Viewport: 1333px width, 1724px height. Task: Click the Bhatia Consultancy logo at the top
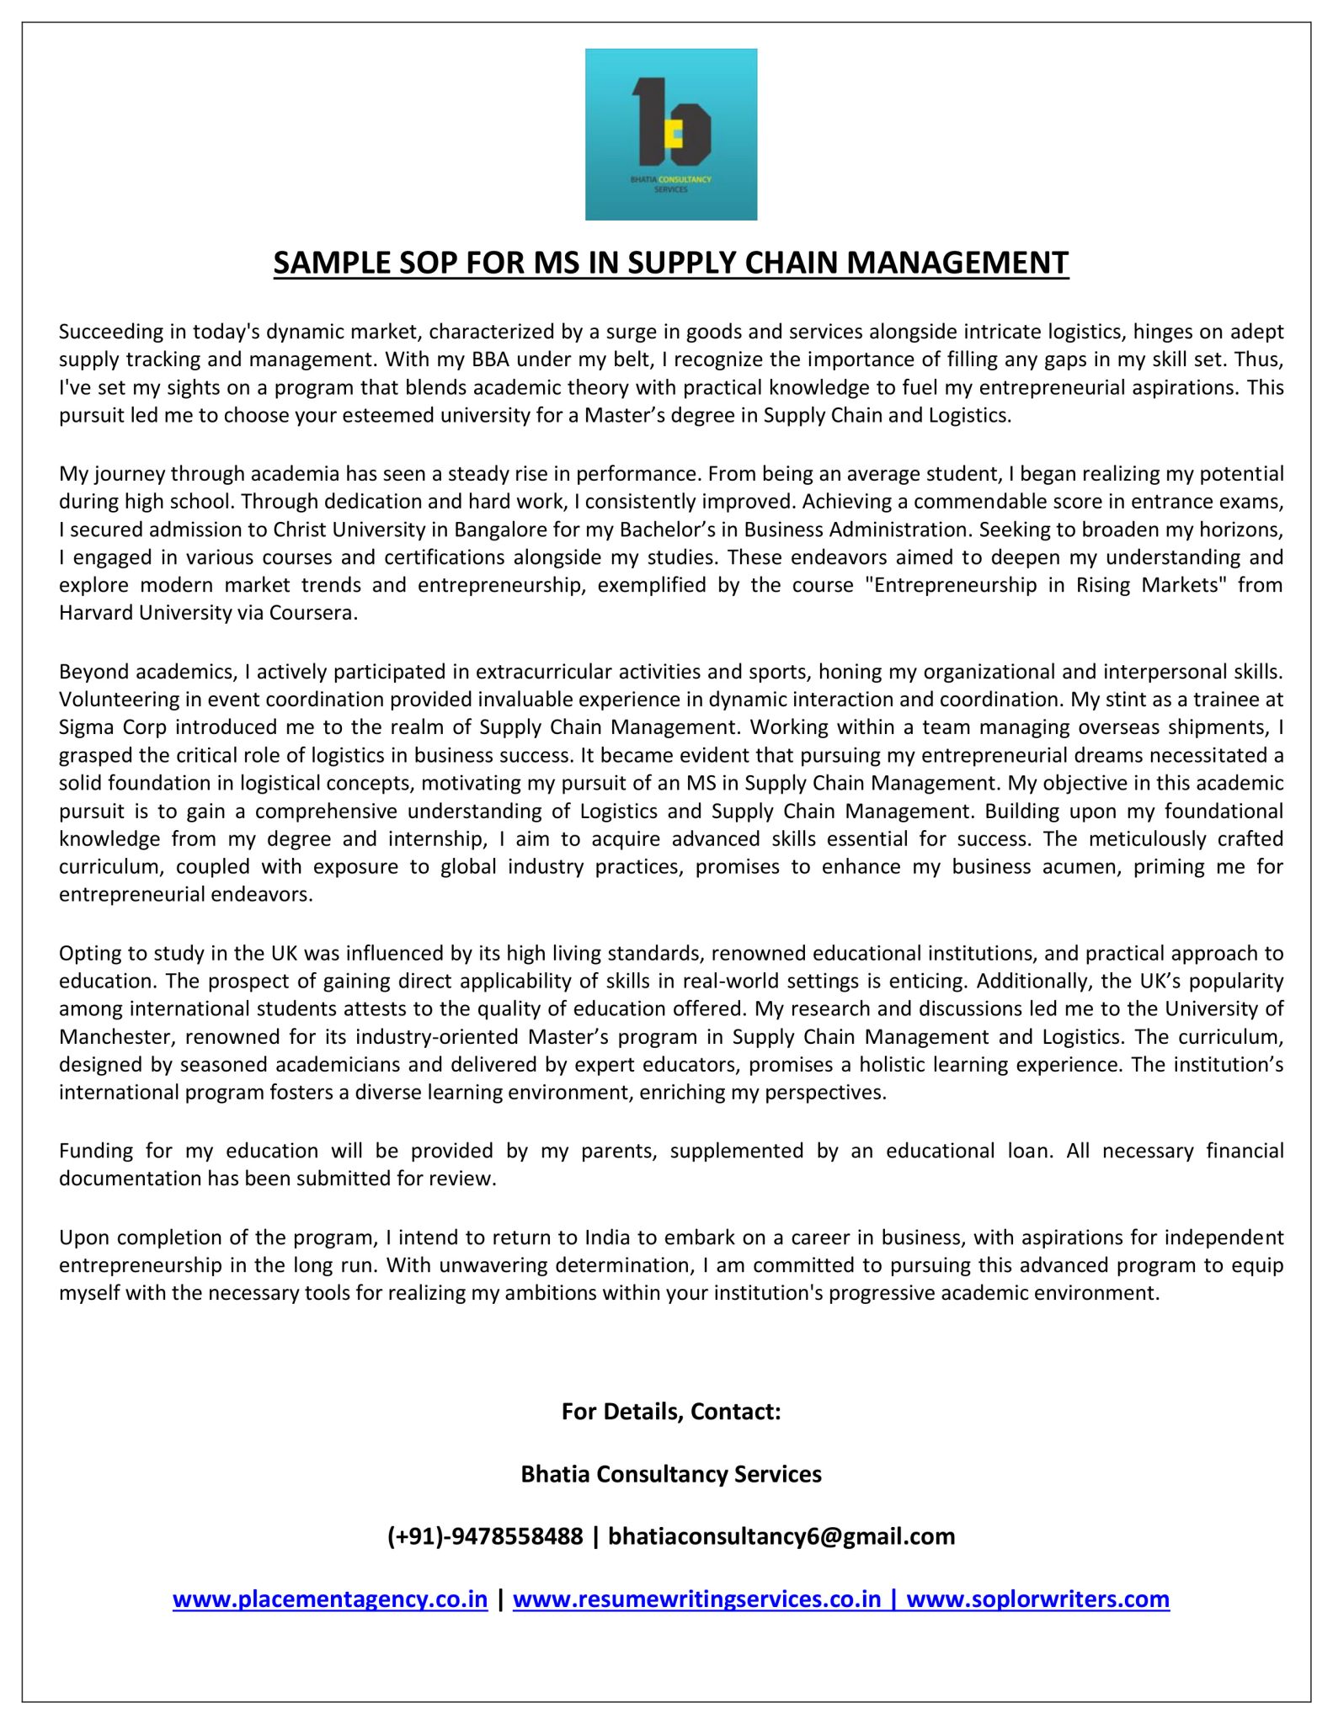point(670,134)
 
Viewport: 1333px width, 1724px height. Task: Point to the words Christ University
point(333,529)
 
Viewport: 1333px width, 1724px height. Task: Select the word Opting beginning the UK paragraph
point(86,954)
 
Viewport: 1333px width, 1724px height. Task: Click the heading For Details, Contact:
point(671,1412)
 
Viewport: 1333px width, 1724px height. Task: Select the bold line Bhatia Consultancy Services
point(671,1474)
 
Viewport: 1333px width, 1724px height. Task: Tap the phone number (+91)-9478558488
point(484,1536)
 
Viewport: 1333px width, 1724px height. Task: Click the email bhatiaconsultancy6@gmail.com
point(781,1536)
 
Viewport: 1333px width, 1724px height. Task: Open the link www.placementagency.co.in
point(330,1599)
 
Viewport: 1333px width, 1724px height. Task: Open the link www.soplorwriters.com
point(1038,1599)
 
